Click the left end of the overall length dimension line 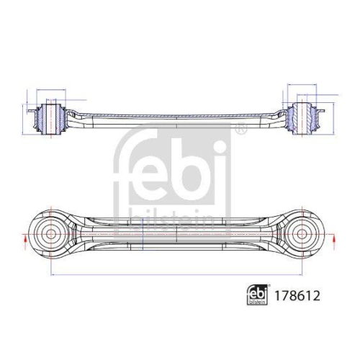(x=51, y=276)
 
